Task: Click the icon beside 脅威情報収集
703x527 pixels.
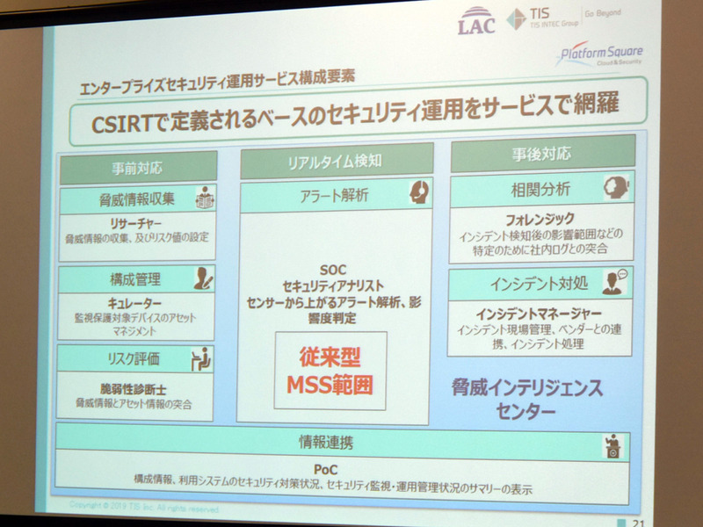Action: point(204,198)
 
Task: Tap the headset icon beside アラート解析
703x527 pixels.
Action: point(419,192)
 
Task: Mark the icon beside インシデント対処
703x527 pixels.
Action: point(612,282)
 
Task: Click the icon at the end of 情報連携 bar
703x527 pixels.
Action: point(611,446)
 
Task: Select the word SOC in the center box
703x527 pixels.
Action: point(337,269)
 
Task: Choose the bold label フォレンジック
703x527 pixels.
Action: point(534,219)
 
